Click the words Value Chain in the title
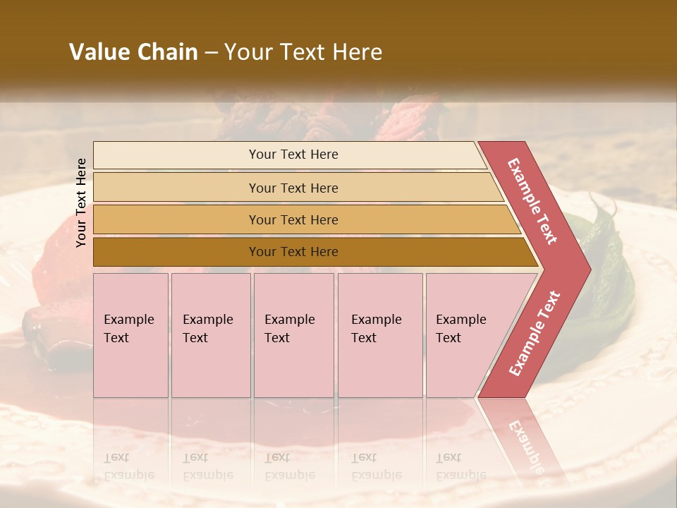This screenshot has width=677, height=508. (x=133, y=52)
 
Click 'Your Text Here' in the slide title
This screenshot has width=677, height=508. (x=303, y=52)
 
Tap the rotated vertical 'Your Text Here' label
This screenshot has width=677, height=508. (x=81, y=202)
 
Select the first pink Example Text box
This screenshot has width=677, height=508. (x=130, y=335)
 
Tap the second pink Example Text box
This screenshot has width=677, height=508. (x=211, y=335)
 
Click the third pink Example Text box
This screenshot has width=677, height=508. (x=293, y=335)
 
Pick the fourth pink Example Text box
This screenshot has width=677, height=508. (x=380, y=335)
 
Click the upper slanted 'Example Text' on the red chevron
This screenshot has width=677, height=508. (x=532, y=201)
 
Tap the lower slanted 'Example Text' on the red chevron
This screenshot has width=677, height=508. (x=535, y=334)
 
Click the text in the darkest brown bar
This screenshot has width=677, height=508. (x=293, y=252)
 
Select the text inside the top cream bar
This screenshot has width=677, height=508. (x=293, y=155)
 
